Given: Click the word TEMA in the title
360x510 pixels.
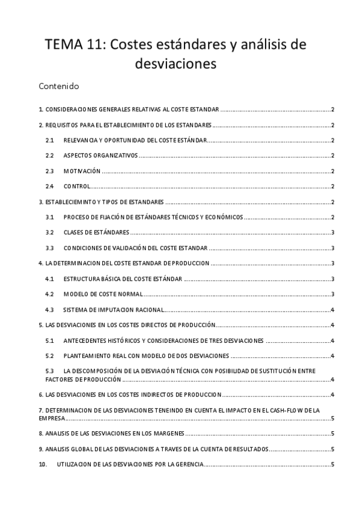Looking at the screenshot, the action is coord(61,45).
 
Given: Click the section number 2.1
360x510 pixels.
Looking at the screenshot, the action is coord(50,140).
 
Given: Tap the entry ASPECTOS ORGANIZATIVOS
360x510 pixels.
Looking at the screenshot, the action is coord(100,156).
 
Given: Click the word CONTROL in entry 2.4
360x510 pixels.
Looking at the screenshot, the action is coord(76,186).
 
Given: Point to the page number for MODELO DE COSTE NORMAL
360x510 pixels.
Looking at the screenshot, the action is coord(332,294).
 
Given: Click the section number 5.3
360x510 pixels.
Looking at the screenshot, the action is coord(50,371).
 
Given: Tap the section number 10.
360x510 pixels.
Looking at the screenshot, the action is coord(42,464).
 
